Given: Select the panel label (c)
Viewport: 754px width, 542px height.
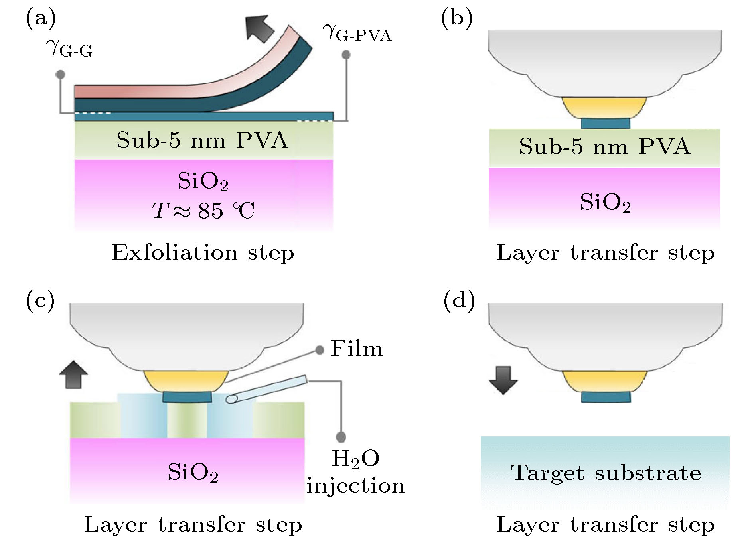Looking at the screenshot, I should pos(40,300).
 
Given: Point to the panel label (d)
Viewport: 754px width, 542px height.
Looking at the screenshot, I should pos(459,300).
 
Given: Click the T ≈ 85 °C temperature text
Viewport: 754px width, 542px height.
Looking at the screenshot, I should pos(203,210).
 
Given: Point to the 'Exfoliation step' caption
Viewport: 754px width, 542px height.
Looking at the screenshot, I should pos(203,252).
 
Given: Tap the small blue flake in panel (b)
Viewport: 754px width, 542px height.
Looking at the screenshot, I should pos(605,123).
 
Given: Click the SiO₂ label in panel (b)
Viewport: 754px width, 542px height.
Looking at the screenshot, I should pos(605,202).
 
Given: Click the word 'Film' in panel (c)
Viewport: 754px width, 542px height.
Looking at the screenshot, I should pos(356,349).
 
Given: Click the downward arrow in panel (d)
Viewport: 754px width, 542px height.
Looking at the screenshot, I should pos(503,380).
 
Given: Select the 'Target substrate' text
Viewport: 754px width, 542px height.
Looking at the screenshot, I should pos(606,473).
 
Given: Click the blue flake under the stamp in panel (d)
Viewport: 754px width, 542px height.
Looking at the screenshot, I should pos(606,397).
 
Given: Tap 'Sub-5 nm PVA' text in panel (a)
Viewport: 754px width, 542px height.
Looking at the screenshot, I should pos(202,140).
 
